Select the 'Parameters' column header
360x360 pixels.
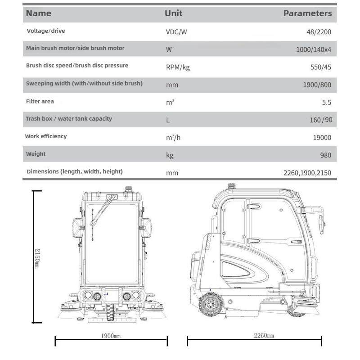307,13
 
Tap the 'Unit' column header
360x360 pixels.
173,13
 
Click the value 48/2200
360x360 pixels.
318,32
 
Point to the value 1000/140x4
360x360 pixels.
313,49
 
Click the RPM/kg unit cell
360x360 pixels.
178,67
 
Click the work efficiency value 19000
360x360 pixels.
322,138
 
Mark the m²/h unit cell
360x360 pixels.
173,138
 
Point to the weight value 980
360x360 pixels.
325,155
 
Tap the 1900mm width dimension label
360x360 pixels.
111,336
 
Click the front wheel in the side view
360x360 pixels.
210,305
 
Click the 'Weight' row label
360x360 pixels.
36,154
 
